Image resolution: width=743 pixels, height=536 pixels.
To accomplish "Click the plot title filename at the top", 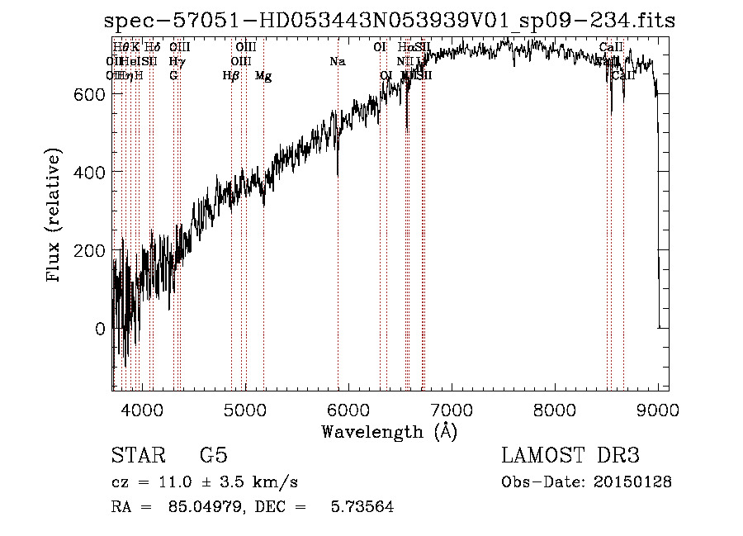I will pos(390,21).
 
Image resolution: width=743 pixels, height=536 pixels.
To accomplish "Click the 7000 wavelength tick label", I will pos(452,408).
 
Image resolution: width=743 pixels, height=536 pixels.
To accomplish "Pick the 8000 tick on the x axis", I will pos(555,408).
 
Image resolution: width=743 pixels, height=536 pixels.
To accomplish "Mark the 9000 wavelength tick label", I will pos(657,408).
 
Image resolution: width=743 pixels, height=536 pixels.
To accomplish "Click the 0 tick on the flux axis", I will pos(100,329).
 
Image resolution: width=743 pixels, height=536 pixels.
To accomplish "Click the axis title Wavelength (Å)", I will pos(390,431).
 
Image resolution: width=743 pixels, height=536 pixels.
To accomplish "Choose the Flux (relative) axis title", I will pos(55,216).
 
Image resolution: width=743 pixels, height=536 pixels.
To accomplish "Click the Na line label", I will pos(337,62).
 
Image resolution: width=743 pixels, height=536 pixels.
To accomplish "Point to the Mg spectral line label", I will pos(263,76).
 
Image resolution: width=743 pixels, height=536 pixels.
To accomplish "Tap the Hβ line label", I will pos(231,76).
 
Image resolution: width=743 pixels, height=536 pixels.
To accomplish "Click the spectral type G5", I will pos(213,456).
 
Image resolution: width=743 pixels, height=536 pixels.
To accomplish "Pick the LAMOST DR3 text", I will pos(570,456).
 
